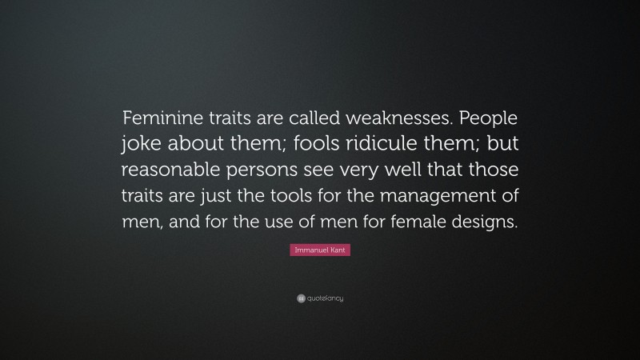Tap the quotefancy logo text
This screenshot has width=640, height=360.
click(x=325, y=298)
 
